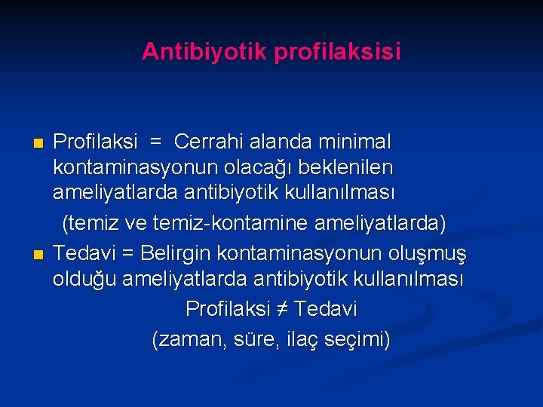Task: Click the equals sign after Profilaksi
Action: pos(155,142)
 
